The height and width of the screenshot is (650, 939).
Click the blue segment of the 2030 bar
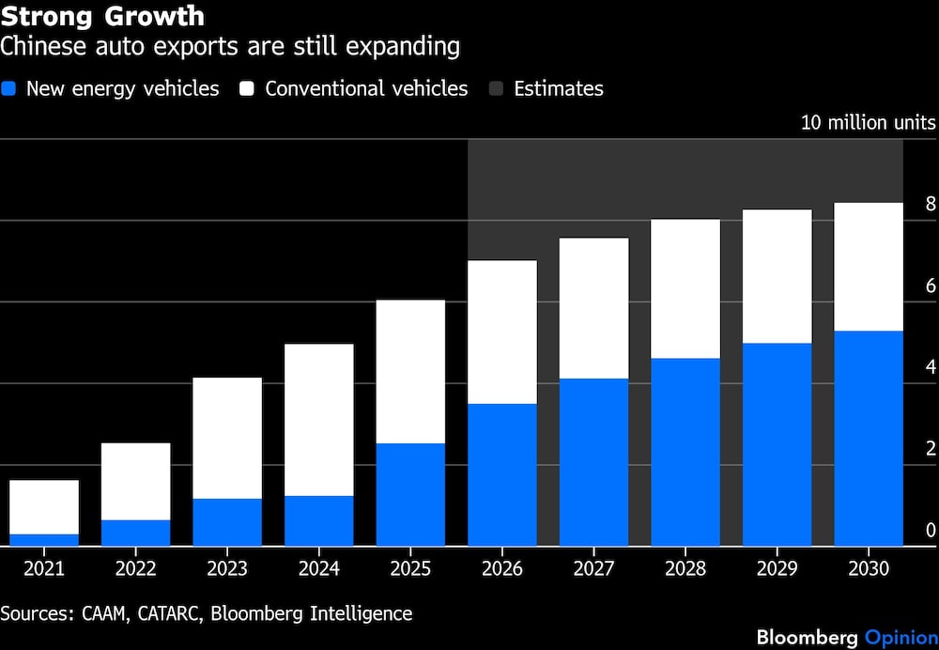tap(869, 438)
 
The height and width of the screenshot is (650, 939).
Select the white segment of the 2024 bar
tap(319, 419)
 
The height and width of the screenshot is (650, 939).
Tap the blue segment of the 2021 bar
tap(44, 539)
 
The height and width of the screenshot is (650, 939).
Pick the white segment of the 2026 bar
tap(502, 332)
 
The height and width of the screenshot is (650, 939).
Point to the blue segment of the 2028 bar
tap(685, 451)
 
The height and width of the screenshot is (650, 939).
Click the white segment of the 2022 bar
tap(136, 481)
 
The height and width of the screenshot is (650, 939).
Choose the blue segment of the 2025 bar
tap(410, 494)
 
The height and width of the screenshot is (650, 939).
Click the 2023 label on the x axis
tap(227, 569)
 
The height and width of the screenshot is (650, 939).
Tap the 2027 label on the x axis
tap(593, 569)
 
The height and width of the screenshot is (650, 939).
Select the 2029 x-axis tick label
tap(777, 569)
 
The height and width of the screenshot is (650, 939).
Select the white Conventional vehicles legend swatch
tap(248, 89)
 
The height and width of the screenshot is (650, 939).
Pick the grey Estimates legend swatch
tap(497, 89)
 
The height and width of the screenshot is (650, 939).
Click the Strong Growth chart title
tap(102, 17)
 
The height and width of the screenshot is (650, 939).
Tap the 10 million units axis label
tap(868, 122)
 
